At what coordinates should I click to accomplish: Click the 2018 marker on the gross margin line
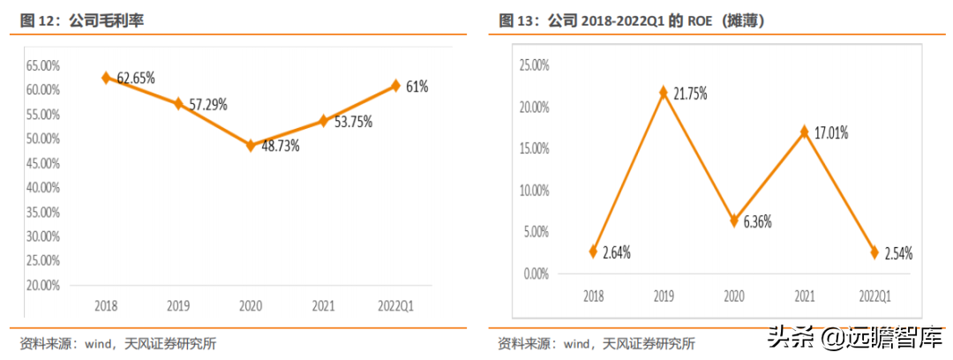106,78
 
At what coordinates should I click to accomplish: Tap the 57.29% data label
206,104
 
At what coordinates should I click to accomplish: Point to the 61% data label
417,86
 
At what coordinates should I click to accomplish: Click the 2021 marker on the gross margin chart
323,120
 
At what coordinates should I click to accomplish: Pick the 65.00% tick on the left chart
42,65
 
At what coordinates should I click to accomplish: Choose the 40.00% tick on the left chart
42,188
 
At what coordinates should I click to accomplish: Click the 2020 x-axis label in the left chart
251,305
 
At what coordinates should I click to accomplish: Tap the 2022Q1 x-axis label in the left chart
395,305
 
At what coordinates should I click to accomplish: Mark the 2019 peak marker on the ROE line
664,92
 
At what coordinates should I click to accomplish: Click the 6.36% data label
752,221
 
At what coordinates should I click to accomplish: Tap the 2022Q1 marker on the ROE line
874,252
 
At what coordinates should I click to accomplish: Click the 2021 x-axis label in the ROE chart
804,295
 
